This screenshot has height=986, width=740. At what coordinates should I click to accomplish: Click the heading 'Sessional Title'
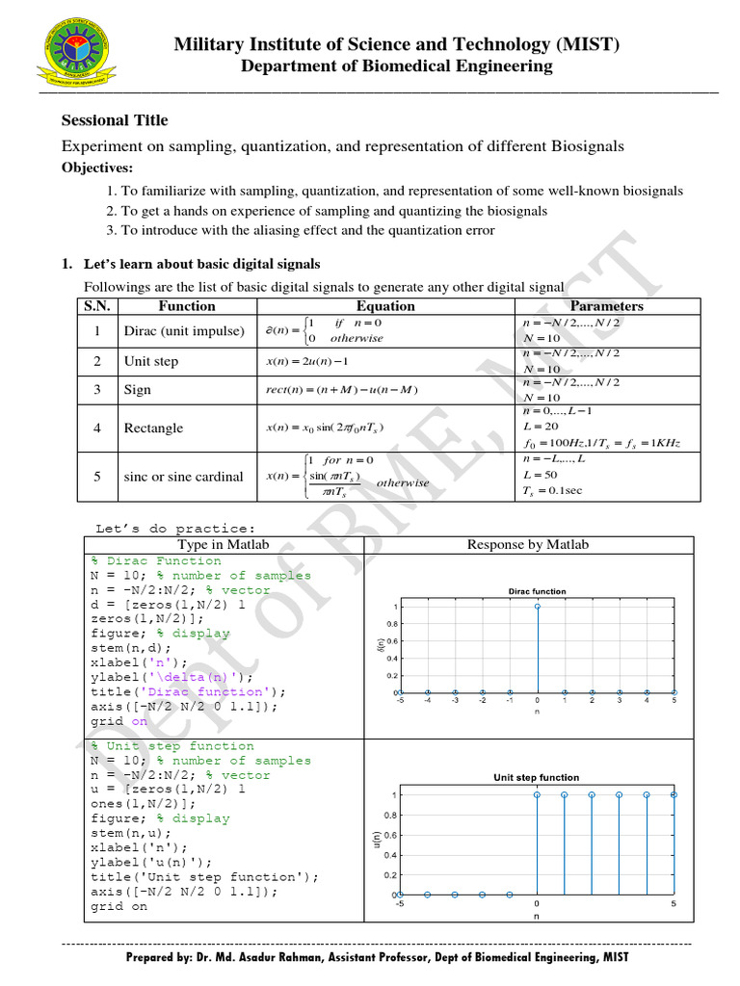click(x=115, y=120)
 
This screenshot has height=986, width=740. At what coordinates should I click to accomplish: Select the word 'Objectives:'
click(x=97, y=168)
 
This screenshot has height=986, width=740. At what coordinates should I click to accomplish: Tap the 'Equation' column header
click(x=385, y=306)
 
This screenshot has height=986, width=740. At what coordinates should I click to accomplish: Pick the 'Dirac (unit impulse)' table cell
click(x=184, y=330)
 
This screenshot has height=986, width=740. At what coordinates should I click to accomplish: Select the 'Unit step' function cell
click(x=151, y=362)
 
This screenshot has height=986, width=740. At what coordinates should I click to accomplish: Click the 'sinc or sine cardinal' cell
click(x=184, y=477)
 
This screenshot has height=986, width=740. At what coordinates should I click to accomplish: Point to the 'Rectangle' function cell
click(x=153, y=428)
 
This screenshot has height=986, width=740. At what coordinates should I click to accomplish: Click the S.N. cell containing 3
click(x=97, y=390)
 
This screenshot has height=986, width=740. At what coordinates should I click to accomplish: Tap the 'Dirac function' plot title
click(x=537, y=591)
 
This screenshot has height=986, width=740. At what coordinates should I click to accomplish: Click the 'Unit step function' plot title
click(x=537, y=777)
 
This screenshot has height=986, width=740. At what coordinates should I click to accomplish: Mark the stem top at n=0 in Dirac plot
click(x=537, y=607)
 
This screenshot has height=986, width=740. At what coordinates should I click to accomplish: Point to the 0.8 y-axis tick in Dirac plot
click(x=393, y=624)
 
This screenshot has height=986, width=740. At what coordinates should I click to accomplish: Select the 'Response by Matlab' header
click(x=527, y=545)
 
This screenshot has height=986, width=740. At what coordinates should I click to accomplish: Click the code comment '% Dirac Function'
click(x=156, y=560)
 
